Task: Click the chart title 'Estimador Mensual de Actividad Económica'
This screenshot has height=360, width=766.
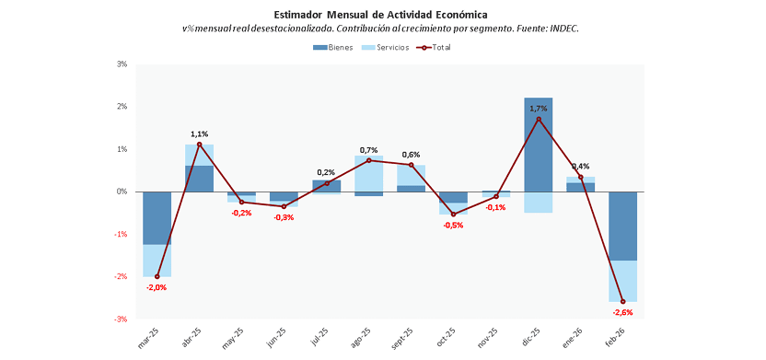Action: click(380, 14)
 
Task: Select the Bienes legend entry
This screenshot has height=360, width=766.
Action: click(332, 48)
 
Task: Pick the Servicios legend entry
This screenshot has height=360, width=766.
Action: click(385, 48)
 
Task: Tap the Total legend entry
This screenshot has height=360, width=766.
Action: click(433, 48)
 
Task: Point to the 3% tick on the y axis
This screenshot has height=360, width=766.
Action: click(122, 64)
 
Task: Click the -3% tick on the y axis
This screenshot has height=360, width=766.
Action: click(121, 319)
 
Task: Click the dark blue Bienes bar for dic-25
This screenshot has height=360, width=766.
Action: click(539, 145)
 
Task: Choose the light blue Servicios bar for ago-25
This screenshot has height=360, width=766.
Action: click(368, 173)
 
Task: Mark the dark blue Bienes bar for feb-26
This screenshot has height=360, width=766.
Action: click(623, 226)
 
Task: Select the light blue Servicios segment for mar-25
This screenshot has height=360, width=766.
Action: click(157, 261)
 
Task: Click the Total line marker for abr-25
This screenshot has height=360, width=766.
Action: click(199, 145)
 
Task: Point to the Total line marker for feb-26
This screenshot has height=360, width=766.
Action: click(623, 301)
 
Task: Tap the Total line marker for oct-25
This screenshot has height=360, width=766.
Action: click(453, 214)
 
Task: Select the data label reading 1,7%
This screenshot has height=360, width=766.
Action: click(538, 109)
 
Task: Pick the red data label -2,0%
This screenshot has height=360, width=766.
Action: click(157, 287)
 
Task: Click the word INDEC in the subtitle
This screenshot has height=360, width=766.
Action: click(564, 29)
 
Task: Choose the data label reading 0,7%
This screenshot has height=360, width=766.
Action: click(368, 149)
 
